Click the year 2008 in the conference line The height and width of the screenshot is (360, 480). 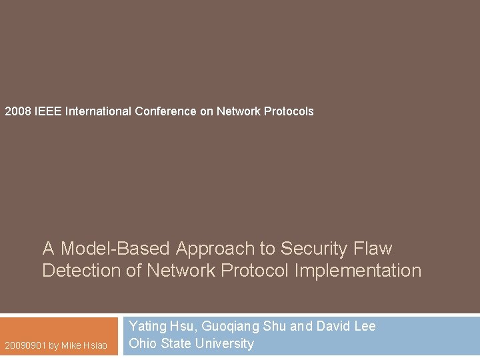tap(17, 111)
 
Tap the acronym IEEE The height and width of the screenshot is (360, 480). tap(47, 111)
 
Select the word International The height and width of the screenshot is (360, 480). tap(98, 111)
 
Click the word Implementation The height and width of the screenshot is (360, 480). tap(358, 271)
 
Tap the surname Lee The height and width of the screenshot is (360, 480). tap(365, 327)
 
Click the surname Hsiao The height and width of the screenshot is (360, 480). tap(95, 346)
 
